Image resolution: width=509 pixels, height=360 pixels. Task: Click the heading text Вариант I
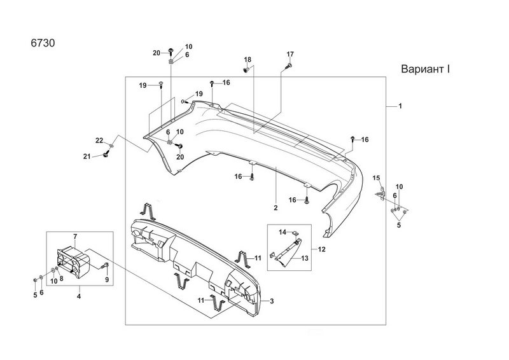coord(426,68)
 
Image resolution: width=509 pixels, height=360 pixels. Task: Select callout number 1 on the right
coord(400,105)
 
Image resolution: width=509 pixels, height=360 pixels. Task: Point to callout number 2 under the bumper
coord(275,208)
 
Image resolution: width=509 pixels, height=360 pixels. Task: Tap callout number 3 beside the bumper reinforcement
coord(272,301)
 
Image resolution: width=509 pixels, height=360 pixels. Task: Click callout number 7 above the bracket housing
coord(75,237)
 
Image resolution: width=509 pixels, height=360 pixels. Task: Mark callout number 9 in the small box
coord(106,280)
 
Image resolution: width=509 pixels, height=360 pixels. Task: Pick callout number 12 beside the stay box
coord(321,249)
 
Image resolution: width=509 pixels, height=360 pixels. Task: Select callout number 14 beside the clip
coord(284,232)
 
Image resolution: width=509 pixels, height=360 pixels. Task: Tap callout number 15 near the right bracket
coord(376,177)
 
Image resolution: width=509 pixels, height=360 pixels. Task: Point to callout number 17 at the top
coord(290,53)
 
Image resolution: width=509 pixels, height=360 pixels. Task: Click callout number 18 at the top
coord(248,59)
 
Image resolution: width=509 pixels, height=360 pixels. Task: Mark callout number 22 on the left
coord(99,140)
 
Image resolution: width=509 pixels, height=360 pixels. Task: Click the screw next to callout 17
coord(288,65)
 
